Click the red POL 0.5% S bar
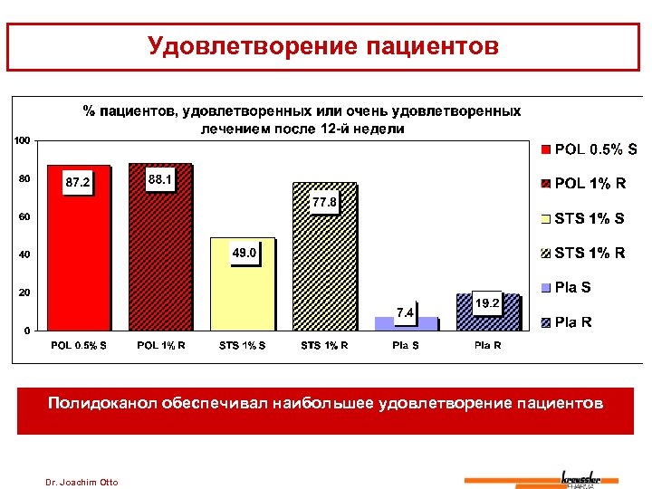pos(78,263)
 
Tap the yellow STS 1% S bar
pos(242,290)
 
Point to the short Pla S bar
pos(407,324)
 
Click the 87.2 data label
pos(77,183)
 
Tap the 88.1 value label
pos(160,180)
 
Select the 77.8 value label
pos(324,202)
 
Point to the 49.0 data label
pos(244,254)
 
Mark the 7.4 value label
pos(405,312)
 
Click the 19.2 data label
pos(487,304)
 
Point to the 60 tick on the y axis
pos(25,217)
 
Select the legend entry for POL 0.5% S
pos(585,149)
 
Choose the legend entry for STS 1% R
pos(583,253)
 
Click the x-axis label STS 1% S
pos(242,345)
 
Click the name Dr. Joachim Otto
pos(81,481)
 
